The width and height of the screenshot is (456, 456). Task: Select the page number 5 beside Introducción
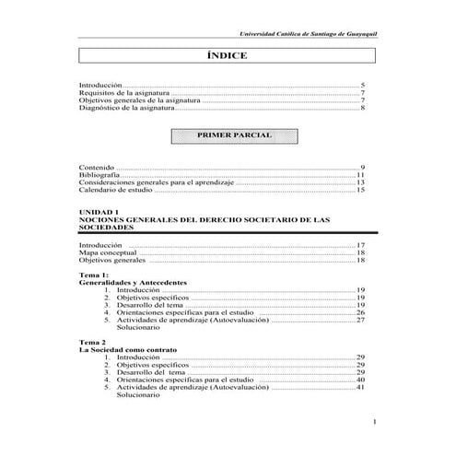(364, 84)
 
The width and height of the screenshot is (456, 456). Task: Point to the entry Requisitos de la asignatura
(124, 92)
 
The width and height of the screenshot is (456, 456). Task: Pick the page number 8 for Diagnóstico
(364, 109)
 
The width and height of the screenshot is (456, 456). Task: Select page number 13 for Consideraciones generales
(361, 182)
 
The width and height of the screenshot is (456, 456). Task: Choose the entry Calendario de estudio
(116, 191)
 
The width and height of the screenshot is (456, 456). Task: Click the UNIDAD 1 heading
(99, 213)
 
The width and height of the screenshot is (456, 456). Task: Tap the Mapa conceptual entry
(109, 252)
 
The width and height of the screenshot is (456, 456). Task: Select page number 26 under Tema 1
(361, 313)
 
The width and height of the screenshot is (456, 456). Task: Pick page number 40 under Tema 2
(361, 380)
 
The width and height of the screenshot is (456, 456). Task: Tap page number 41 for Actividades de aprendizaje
(361, 388)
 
